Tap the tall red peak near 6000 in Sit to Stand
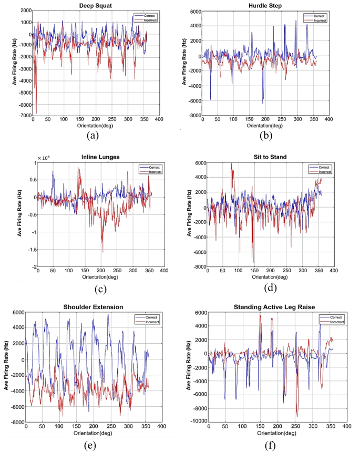231,163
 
